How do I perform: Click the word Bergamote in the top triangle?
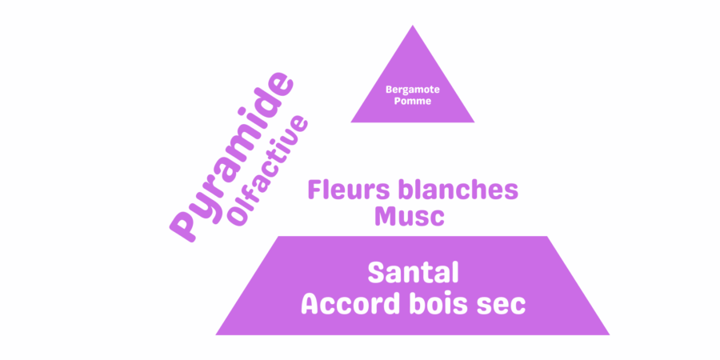[x=412, y=90]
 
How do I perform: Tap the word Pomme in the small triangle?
[x=413, y=101]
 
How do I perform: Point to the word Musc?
[x=410, y=216]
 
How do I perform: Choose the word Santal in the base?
[x=414, y=274]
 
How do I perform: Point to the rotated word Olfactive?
[x=268, y=171]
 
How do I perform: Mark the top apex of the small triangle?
[x=412, y=25]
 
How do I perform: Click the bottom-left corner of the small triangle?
[x=351, y=122]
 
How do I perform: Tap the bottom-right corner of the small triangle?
[x=474, y=122]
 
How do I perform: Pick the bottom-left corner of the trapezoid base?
[x=215, y=335]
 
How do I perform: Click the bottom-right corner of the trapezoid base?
[x=610, y=335]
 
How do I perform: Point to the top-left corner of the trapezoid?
[x=278, y=236]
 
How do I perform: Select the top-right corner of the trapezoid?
[x=547, y=236]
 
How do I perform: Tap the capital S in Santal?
[x=376, y=274]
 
